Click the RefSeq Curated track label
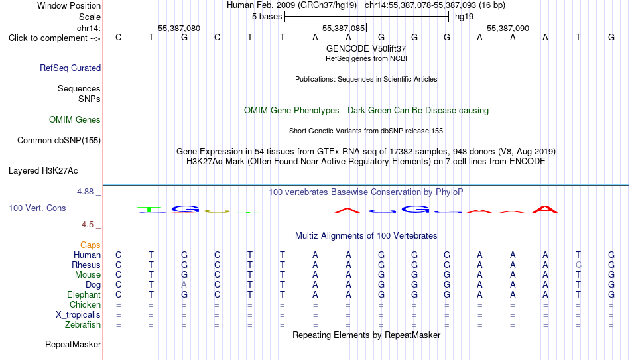(70, 68)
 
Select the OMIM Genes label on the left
(75, 120)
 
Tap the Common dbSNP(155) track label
(59, 141)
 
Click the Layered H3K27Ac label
(43, 171)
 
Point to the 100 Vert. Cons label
(37, 208)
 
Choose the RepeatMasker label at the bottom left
(73, 344)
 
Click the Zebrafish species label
(83, 324)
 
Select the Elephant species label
(84, 294)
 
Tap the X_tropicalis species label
(78, 315)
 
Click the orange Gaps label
(90, 245)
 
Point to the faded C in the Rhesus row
(578, 265)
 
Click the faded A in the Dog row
(184, 284)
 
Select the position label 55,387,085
(344, 29)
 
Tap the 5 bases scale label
(267, 17)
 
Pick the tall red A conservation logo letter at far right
(545, 209)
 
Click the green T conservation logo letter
(151, 210)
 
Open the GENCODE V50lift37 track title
(366, 48)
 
